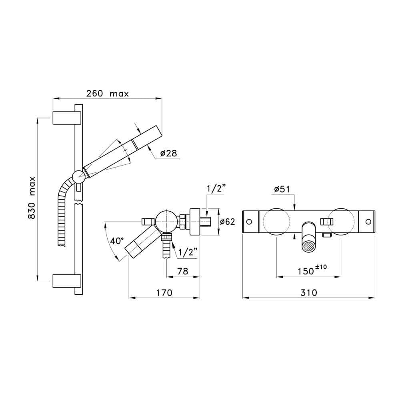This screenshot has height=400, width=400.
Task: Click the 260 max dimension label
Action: tap(107, 94)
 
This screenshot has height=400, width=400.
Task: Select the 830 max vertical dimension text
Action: tap(31, 198)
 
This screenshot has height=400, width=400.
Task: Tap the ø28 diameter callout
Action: tap(169, 153)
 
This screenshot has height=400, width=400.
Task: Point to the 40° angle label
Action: tap(117, 240)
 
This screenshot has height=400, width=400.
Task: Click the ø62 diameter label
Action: tap(227, 222)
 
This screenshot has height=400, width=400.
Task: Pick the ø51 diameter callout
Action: tap(282, 189)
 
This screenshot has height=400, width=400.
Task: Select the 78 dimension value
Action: tap(183, 271)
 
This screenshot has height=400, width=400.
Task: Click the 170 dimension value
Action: tap(164, 293)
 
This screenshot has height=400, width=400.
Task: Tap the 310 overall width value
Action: tap(309, 293)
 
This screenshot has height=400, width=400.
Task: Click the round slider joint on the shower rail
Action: tap(79, 176)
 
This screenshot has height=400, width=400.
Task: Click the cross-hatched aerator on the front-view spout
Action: tap(309, 246)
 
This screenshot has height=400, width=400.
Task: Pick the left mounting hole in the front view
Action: tap(249, 222)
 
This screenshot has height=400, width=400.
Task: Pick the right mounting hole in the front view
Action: tap(368, 222)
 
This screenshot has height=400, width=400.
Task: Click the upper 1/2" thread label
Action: tap(216, 189)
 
